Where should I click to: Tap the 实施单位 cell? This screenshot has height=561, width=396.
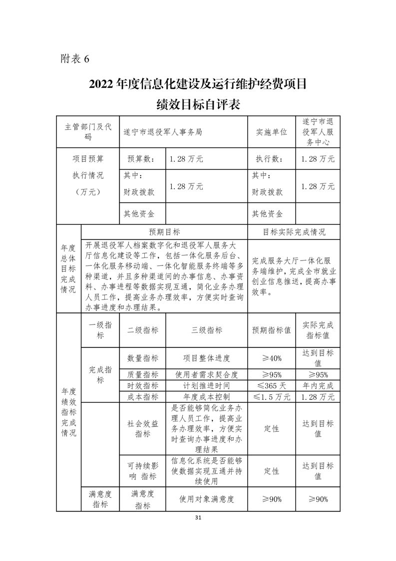(x=272, y=132)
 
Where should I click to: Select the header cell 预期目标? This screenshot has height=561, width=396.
(x=164, y=232)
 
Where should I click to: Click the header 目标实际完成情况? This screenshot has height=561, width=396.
(x=294, y=232)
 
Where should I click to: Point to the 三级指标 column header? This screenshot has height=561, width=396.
(x=207, y=330)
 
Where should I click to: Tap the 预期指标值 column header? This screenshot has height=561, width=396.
(x=272, y=330)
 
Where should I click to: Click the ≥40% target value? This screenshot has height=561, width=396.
(x=272, y=358)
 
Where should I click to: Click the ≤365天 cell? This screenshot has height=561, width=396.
(x=272, y=386)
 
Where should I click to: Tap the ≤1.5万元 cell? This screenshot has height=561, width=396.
(x=272, y=397)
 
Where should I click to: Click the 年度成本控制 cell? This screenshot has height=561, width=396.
(x=207, y=397)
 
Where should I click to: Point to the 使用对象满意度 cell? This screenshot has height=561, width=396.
(x=207, y=499)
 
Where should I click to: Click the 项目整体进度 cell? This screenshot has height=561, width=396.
(x=207, y=358)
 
